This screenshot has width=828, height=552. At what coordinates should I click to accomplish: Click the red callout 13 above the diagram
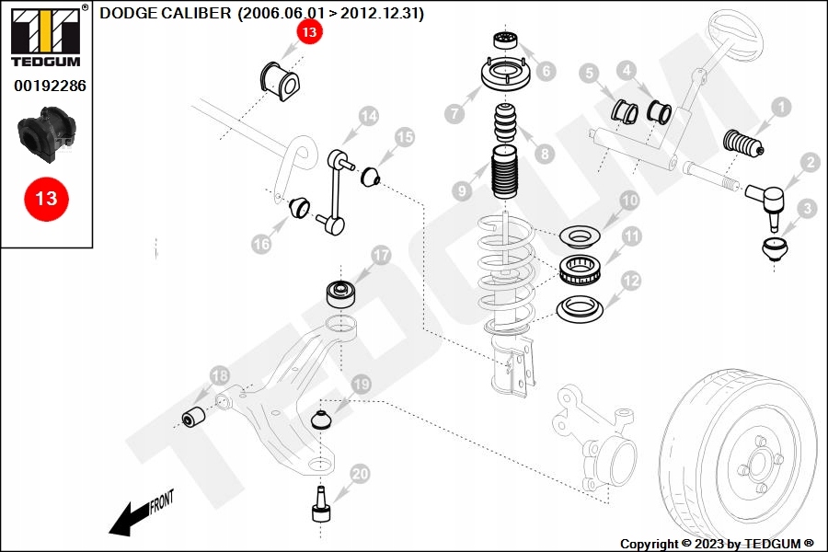(x=308, y=33)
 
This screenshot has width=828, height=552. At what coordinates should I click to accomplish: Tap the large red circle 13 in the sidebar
(x=46, y=198)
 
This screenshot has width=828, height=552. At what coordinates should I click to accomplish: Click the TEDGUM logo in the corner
(x=46, y=37)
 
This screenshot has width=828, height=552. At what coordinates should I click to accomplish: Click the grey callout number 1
(x=780, y=108)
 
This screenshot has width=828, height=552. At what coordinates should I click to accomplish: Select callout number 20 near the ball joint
(x=360, y=475)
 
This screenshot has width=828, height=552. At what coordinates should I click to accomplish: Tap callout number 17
(x=381, y=255)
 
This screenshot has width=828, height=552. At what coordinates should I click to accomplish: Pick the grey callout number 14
(x=368, y=116)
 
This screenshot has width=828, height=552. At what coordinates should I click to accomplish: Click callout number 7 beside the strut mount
(x=454, y=114)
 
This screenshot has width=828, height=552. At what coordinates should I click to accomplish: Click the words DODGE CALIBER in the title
(x=166, y=14)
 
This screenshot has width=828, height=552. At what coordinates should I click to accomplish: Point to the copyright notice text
(x=717, y=544)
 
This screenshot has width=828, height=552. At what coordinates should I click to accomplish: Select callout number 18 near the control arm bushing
(x=219, y=375)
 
